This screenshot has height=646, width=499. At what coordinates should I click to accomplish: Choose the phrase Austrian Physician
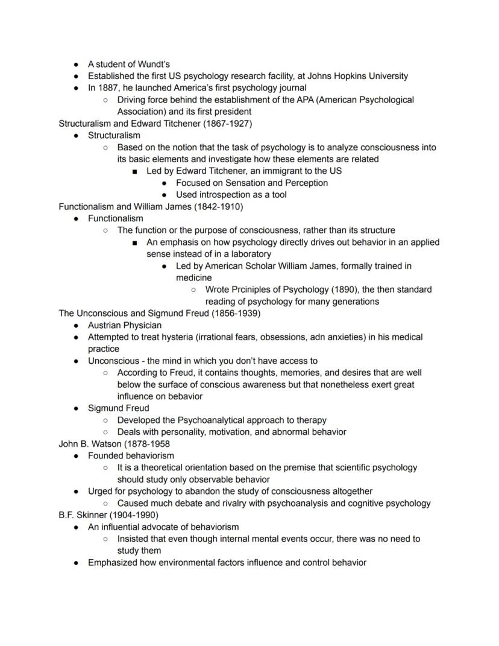tap(125, 325)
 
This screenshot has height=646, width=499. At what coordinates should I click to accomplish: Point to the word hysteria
tap(177, 337)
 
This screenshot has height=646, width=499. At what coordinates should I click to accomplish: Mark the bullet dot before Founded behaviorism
tap(76, 456)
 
